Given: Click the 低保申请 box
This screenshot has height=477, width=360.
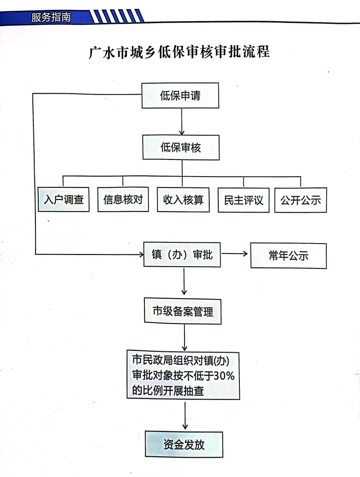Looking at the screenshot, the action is coord(180,95).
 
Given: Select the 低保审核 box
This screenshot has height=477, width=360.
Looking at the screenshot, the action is coord(181,148).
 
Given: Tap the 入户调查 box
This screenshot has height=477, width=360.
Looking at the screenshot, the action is coord(63,200).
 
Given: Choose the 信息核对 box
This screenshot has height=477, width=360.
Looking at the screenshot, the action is coord(123,200).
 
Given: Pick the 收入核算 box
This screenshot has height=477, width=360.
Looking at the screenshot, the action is coord(183,200).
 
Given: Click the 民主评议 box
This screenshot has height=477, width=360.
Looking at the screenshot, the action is coord(243,200).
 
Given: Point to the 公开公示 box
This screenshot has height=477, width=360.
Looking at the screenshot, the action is coord(301,200).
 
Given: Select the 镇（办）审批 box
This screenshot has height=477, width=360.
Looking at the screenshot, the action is coord(182,254).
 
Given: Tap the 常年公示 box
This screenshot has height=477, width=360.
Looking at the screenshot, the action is coord(288,255).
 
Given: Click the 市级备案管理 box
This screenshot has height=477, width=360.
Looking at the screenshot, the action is coord(183,311).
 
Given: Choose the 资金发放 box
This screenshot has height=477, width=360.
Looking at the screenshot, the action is coord(184,445).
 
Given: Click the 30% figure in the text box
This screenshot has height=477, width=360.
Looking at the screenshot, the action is coord(224,376).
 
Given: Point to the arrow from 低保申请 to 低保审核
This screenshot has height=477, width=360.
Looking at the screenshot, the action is coord(182,122).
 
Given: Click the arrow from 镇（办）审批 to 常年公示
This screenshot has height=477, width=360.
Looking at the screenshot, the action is coord(235,254).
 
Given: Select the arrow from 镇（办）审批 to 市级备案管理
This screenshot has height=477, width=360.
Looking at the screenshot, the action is coord(184,282).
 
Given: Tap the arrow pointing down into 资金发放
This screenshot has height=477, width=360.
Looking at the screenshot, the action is coord(185,416).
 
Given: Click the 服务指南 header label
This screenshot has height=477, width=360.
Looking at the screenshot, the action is coord(51,17).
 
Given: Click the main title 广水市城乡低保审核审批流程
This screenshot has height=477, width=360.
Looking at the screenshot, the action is coord(179,52).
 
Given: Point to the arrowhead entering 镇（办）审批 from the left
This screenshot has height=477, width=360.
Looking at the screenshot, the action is coord(141,254).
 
